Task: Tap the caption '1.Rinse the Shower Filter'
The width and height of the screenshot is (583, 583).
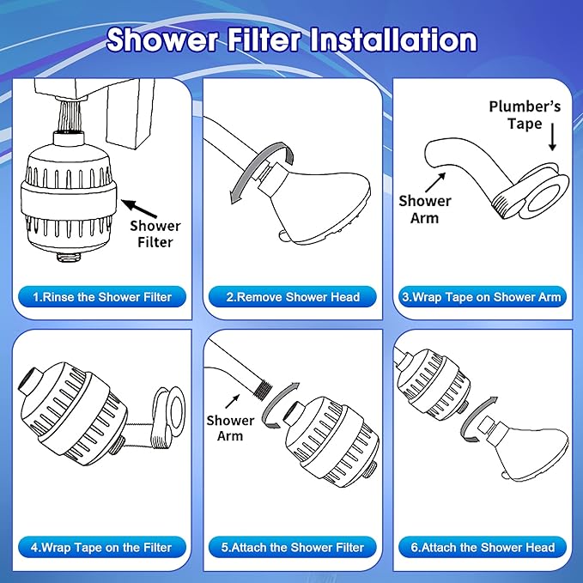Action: tap(102, 297)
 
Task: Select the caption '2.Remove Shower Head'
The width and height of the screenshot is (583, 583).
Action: tap(293, 297)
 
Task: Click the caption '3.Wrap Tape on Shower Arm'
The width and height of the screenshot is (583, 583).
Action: tap(482, 297)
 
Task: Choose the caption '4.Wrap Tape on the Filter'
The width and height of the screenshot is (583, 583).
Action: tap(102, 547)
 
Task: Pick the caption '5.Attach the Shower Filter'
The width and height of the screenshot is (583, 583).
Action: tap(293, 547)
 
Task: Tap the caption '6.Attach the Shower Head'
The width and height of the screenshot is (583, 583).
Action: tap(482, 547)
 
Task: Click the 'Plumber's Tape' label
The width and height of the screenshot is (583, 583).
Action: tap(524, 115)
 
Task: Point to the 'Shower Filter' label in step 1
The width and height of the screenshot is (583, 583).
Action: tap(155, 234)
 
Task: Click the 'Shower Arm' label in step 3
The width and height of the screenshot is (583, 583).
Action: tap(424, 209)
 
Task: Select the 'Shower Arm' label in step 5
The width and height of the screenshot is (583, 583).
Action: tap(230, 428)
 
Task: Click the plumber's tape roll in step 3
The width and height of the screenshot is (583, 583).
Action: tap(544, 193)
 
